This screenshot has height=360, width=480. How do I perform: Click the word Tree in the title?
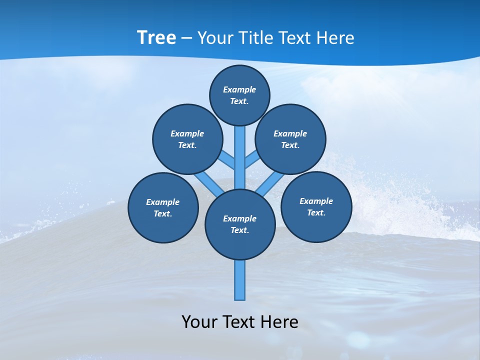156,38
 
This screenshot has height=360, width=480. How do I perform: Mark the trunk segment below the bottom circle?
240,280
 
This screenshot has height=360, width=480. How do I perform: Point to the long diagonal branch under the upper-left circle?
207,183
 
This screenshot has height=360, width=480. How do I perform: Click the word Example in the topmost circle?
239,90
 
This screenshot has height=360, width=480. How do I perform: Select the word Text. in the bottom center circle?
239,230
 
